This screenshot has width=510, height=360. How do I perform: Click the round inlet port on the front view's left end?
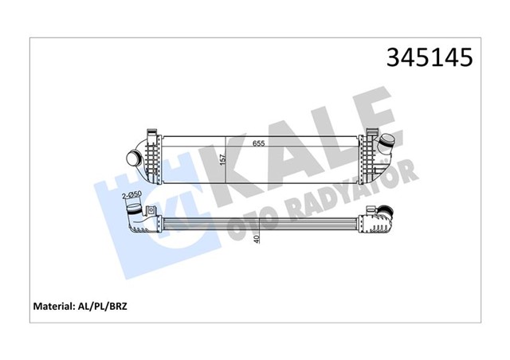131,158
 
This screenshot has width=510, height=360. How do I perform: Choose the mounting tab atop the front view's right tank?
371,131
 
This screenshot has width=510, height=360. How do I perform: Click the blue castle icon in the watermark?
120,215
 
